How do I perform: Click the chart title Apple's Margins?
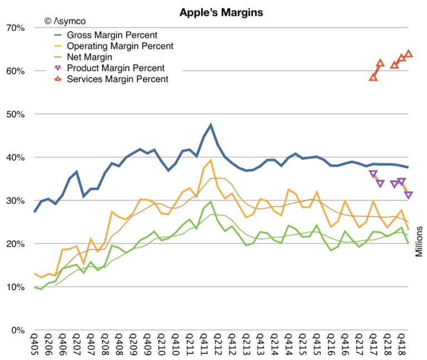click(213, 11)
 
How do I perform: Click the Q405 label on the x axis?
click(35, 346)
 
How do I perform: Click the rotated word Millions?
click(420, 241)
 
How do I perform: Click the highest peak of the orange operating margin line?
click(211, 161)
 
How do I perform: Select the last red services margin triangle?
click(408, 54)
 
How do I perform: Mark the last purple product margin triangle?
click(408, 195)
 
